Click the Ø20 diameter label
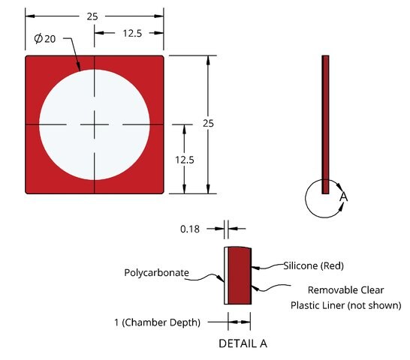[x=45, y=39]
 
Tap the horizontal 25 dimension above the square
[x=92, y=16]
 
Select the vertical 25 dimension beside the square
[x=208, y=123]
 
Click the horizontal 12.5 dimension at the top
[x=132, y=33]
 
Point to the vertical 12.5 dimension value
[x=185, y=160]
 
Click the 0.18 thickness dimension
[x=190, y=229]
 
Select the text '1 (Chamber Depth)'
[x=157, y=322]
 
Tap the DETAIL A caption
[x=243, y=343]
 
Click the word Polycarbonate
[x=156, y=273]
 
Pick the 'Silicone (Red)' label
[x=314, y=265]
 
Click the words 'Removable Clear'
[x=345, y=290]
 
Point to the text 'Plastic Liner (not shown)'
[x=345, y=305]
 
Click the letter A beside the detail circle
[x=344, y=196]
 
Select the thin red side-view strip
[x=325, y=124]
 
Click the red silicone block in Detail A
[x=240, y=275]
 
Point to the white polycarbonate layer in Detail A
[x=226, y=275]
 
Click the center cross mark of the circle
[x=95, y=124]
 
